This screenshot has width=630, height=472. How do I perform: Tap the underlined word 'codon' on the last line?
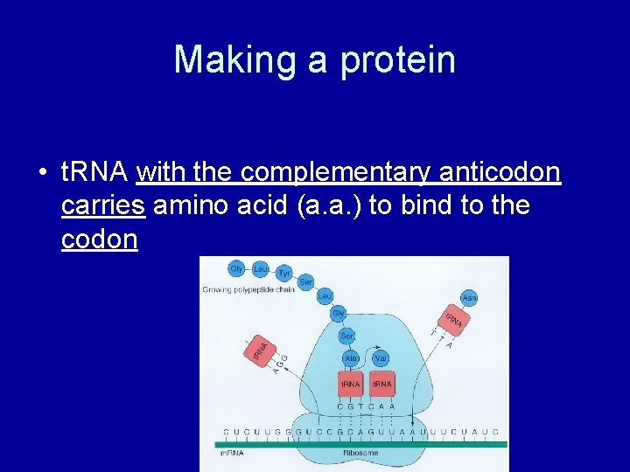(x=100, y=239)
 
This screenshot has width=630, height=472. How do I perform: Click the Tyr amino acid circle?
(x=284, y=274)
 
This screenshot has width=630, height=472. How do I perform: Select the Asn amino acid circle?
(x=470, y=299)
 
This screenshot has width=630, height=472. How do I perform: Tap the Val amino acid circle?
(x=381, y=358)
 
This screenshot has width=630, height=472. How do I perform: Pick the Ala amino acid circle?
(x=351, y=358)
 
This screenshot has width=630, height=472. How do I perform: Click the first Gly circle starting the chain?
(x=236, y=268)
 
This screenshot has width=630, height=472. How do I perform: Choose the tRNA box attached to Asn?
(x=452, y=321)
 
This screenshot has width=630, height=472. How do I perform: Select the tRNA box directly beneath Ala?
(x=351, y=384)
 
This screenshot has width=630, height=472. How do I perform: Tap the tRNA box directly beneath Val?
(x=382, y=384)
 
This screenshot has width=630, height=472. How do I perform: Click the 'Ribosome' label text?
(x=360, y=453)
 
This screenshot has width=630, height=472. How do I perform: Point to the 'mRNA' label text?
(x=231, y=453)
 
